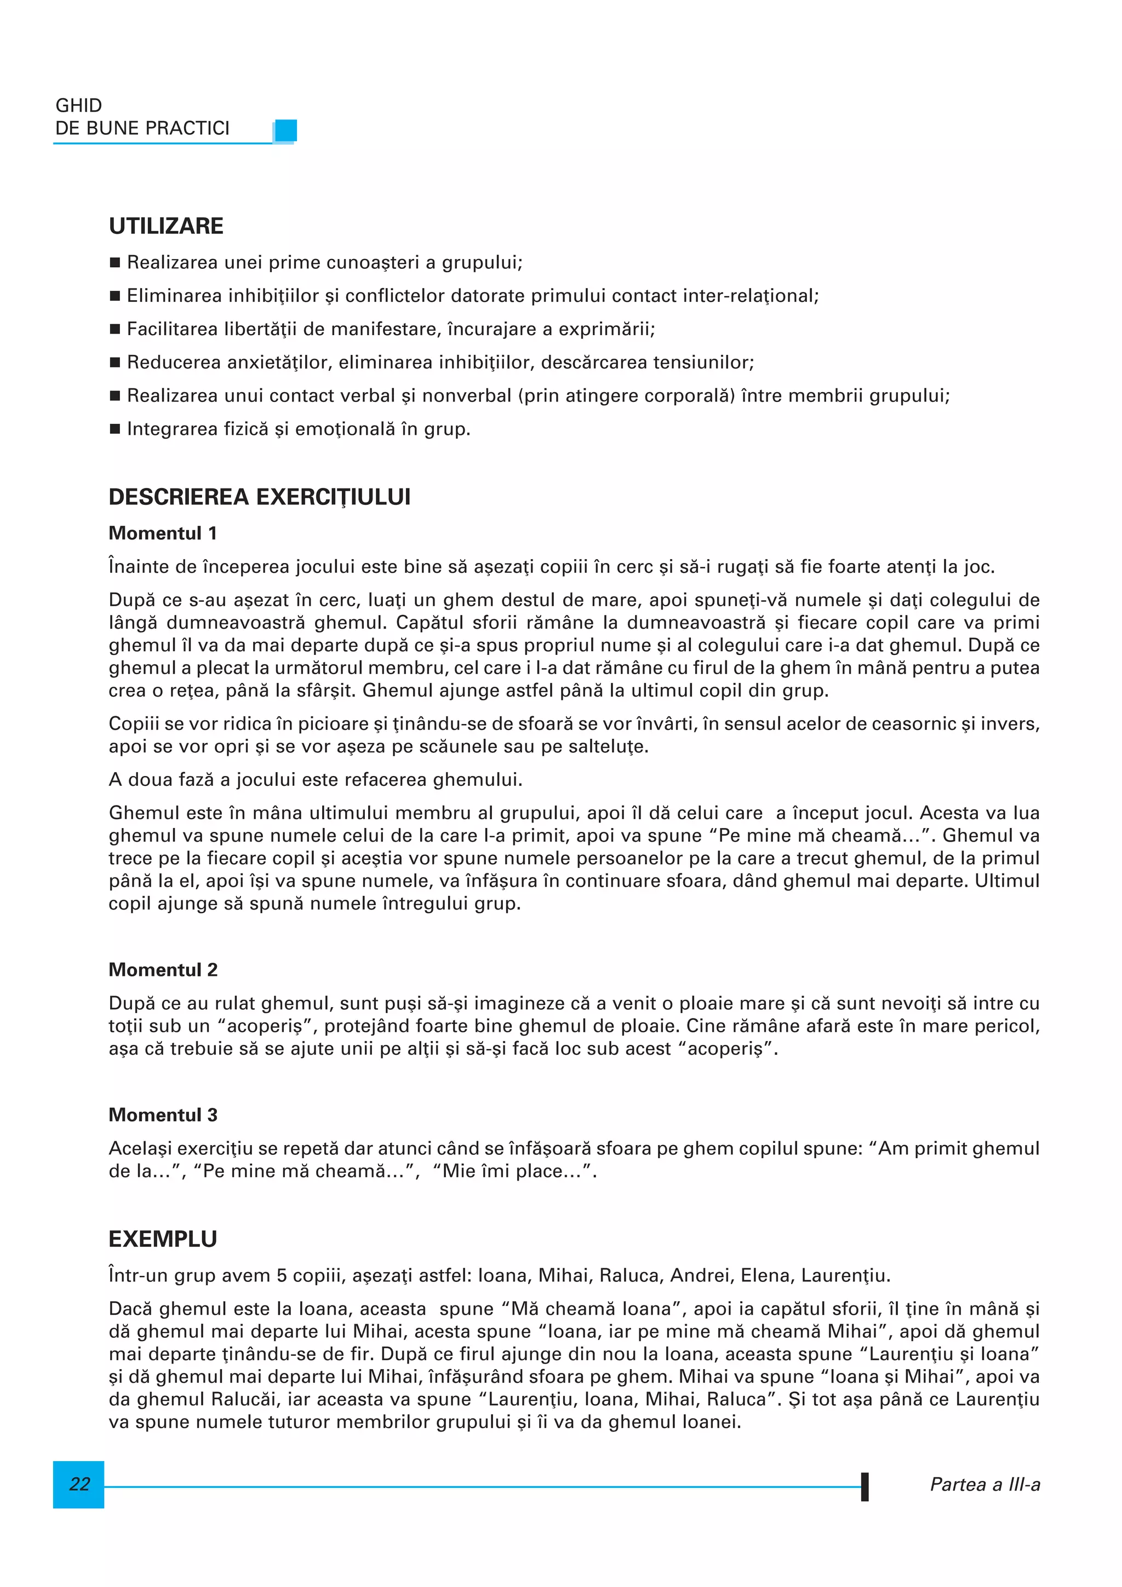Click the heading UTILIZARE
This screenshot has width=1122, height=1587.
point(166,226)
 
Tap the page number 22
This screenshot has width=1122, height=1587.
point(79,1484)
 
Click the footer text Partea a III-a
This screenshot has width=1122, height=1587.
point(984,1484)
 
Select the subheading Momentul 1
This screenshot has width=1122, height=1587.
point(163,533)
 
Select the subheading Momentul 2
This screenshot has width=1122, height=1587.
point(163,970)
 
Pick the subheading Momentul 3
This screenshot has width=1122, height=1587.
point(163,1115)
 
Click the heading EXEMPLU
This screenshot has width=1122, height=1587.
point(163,1239)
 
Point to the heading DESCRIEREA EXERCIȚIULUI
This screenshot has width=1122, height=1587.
point(259,497)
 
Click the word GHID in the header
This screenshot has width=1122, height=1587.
point(78,105)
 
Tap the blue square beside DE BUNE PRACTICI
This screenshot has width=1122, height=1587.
point(285,130)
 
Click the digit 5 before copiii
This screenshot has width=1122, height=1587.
point(282,1275)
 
